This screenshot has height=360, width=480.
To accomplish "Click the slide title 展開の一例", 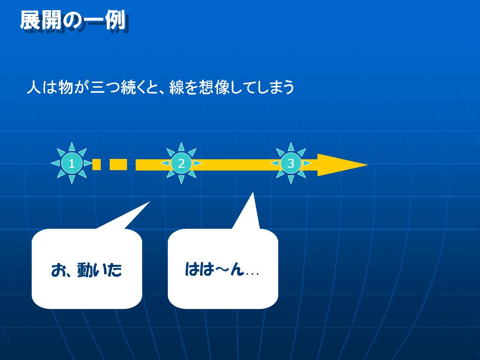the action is [x=73, y=21].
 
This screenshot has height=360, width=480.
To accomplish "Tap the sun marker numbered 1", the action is [x=72, y=163].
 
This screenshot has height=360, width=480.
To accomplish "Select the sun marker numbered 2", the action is [x=181, y=163].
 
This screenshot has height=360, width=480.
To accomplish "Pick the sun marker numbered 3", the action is [x=291, y=163].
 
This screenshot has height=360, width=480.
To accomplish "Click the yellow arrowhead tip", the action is [x=367, y=165].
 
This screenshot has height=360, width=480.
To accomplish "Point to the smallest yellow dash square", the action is [x=97, y=165].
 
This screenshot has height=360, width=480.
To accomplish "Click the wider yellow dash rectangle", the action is [x=118, y=165].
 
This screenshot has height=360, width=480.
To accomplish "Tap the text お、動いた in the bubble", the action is [x=87, y=270].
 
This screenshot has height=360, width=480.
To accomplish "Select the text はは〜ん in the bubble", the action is [x=214, y=270].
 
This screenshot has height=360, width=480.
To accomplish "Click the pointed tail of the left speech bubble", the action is [x=150, y=202].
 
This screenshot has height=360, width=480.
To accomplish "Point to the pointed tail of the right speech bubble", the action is [x=253, y=193].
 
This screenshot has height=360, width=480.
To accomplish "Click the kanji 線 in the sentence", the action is [x=176, y=87].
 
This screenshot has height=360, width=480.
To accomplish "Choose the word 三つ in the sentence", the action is [x=105, y=87].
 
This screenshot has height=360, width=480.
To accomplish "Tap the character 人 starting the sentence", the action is [x=34, y=87].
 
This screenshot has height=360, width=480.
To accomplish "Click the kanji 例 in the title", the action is [x=116, y=21].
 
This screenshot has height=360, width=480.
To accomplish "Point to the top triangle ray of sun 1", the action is [x=72, y=147].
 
